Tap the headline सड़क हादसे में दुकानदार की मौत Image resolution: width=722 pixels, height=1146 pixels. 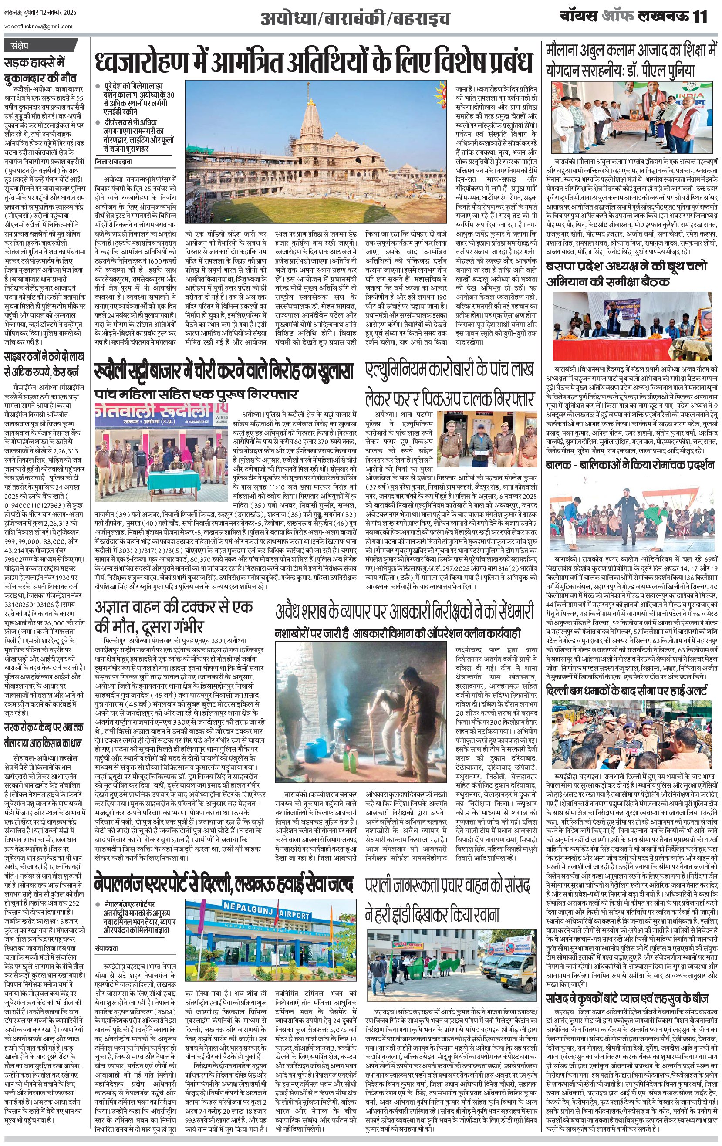point(40,70)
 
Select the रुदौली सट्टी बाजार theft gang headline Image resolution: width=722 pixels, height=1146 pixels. point(224,371)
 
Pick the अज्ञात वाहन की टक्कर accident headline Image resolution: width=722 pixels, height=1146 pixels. point(174,615)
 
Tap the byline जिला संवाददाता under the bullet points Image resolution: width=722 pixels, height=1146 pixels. point(115,162)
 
